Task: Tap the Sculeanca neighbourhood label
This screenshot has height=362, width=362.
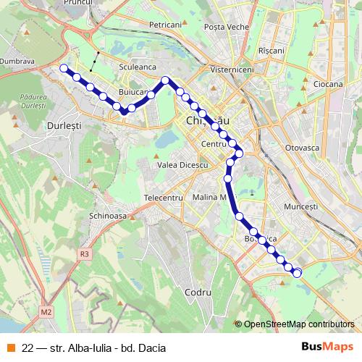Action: [x=138, y=67]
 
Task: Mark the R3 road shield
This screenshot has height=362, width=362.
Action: [x=85, y=253]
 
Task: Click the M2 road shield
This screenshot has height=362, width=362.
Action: [x=46, y=312]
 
